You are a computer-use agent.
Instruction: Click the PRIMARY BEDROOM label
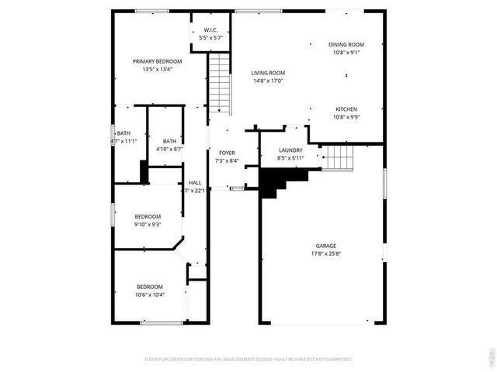coord(157,61)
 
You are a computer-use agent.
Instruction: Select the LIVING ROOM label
coord(268,73)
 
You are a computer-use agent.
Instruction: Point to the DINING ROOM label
coord(346,45)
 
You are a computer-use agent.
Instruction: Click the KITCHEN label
coord(346,109)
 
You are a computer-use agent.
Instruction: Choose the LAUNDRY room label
coord(290,150)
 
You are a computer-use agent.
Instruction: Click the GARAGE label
coord(326,245)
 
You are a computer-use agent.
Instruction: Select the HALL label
coord(194,183)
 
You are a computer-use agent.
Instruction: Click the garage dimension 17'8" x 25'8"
coord(326,253)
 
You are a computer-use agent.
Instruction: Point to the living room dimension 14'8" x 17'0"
coord(268,80)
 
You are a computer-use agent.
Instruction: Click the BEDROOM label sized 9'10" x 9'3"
coord(148,216)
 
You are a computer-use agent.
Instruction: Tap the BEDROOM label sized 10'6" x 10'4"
coord(150,286)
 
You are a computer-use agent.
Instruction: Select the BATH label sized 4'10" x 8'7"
coord(169,141)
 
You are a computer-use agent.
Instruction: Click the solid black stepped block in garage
coord(276,182)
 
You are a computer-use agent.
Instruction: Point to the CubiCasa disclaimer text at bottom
coord(248,360)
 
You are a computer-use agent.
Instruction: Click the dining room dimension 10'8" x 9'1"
coord(346,53)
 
